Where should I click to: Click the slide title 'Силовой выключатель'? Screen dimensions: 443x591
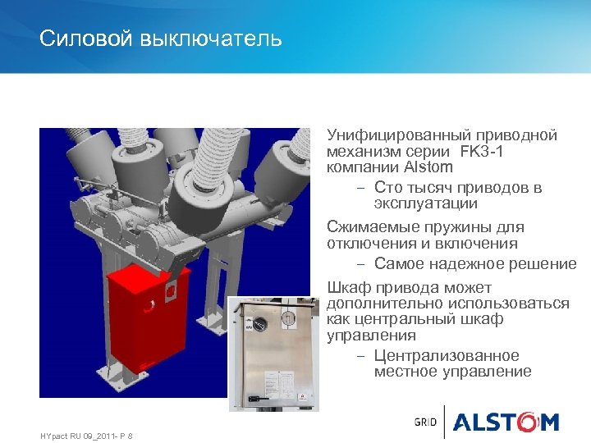(x=161, y=39)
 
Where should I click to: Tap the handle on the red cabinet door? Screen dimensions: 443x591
(x=151, y=307)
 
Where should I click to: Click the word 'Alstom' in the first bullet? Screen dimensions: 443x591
(x=428, y=167)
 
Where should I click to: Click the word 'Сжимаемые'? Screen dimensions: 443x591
(x=368, y=227)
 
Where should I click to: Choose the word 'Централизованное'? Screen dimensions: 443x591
(x=446, y=356)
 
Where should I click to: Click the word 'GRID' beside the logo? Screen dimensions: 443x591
(x=425, y=422)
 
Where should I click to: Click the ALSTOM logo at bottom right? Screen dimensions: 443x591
(x=505, y=422)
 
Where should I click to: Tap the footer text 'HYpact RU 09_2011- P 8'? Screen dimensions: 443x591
(x=86, y=436)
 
